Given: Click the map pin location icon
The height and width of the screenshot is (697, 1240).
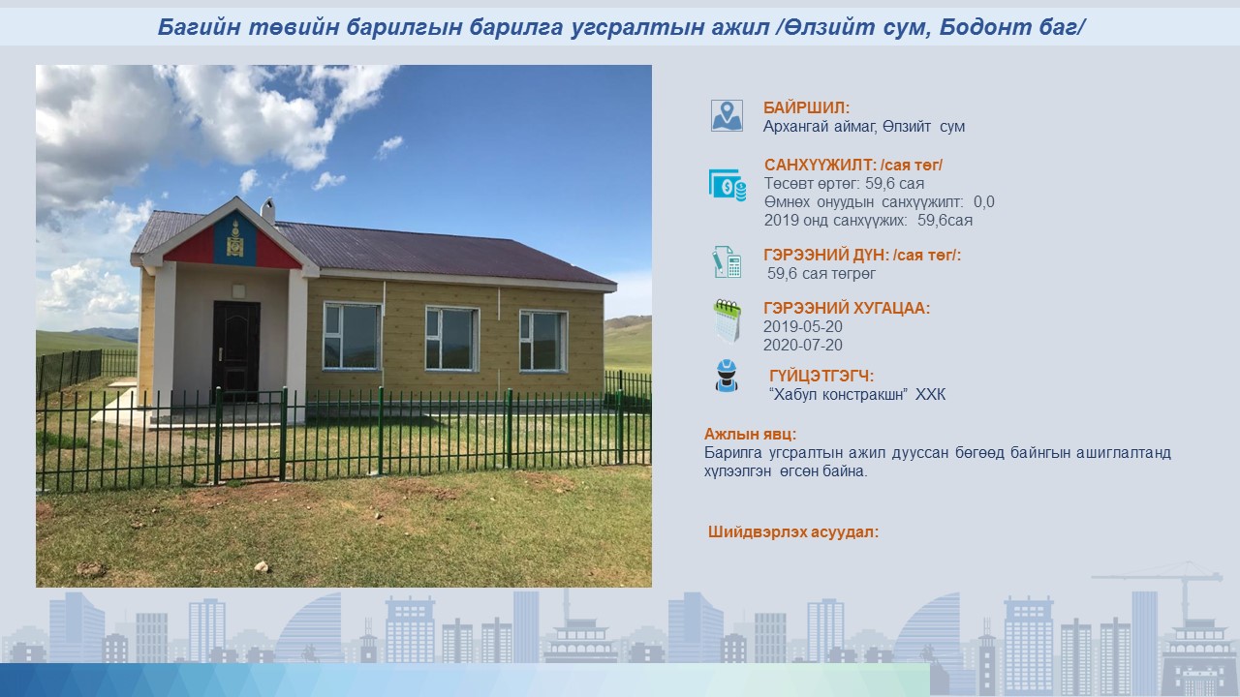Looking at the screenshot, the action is coord(727,115).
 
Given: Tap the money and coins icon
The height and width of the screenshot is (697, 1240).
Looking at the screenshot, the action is coord(728,185).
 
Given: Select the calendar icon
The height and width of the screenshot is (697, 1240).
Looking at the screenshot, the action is coord(727,320).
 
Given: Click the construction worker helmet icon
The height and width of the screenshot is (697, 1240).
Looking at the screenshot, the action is coord(727,376).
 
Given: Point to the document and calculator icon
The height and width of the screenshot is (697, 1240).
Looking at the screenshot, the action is coord(727,262).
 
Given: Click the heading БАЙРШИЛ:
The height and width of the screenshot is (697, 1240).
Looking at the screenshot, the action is coord(806,107).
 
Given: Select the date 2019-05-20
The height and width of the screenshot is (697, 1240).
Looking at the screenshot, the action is coord(803,327).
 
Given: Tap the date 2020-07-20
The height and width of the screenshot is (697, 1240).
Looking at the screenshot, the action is coord(803,346).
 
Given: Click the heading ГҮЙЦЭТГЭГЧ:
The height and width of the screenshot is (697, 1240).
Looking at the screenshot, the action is coord(821,377).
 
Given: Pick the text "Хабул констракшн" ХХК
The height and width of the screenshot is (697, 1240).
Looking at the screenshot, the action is coord(857,394).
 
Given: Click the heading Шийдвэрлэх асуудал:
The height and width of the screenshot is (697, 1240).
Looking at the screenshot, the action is coord(793,532).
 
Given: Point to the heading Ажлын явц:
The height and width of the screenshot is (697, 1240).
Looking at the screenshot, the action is coord(750,435).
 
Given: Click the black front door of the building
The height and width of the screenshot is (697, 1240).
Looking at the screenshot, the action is coord(235,350).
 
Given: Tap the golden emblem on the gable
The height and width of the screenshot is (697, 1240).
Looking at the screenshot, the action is coord(235,239).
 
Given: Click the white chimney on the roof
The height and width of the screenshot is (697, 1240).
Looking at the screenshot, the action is coord(268,211).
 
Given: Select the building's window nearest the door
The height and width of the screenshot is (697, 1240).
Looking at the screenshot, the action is coord(352,336).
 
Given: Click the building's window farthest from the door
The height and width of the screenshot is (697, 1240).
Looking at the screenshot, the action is coord(543,341).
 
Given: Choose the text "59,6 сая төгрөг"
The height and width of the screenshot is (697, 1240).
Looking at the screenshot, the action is coord(821,273).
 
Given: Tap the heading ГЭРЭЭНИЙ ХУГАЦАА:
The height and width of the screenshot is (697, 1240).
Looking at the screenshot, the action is coord(847,308).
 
